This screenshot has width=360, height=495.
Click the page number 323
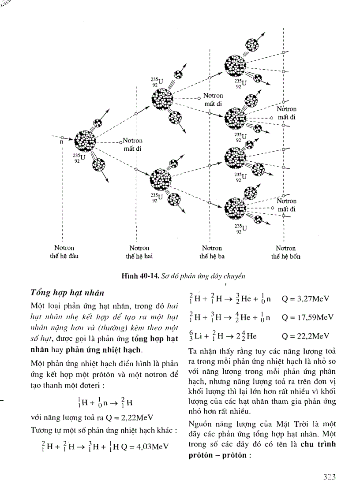pos(329,476)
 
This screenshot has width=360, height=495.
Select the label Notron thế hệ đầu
pos(63,252)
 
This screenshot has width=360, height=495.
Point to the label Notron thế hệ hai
pos(139,252)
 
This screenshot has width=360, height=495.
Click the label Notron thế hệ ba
pos(212,252)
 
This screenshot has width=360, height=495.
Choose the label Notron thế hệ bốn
pos(285,252)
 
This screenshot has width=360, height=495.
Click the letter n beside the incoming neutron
pos(62,142)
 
